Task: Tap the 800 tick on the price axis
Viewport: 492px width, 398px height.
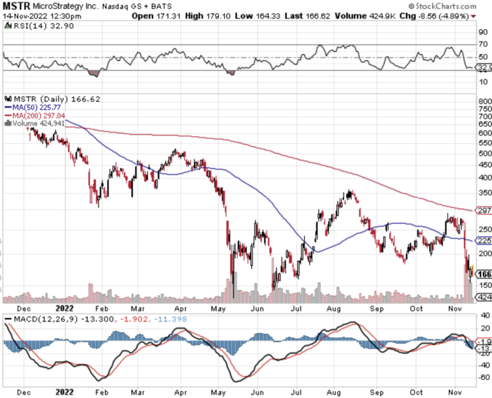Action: point(485,101)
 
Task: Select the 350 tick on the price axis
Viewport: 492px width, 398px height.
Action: point(485,193)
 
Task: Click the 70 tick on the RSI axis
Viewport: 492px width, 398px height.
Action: point(483,44)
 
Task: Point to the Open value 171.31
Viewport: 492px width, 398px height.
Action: point(169,16)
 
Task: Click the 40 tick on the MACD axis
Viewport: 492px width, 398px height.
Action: point(483,316)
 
